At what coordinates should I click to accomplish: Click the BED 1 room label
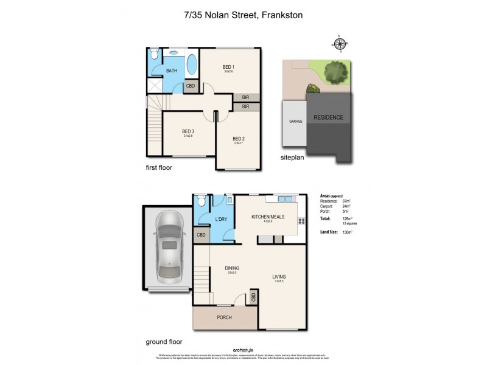pos(228,66)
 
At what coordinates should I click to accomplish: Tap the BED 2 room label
pos(238,138)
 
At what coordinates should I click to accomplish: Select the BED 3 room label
pos(188,131)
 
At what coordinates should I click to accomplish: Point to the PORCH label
pos(224,317)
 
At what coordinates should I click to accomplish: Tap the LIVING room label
pos(279,277)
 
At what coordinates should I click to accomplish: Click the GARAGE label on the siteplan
pos(287,121)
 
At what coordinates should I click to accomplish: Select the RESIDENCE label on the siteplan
pos(328,117)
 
